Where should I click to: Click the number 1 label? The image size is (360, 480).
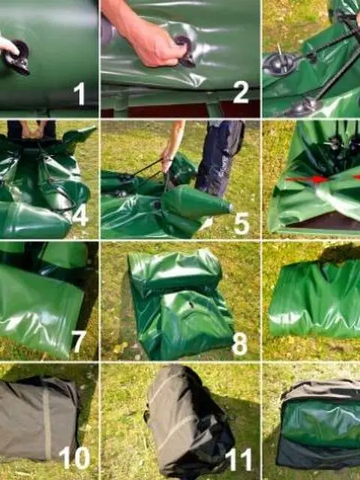pos(79,94)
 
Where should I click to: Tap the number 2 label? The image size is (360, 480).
pos(241,92)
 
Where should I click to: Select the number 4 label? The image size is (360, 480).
pos(80,217)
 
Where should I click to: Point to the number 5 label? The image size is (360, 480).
pos(241,223)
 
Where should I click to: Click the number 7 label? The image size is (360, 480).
pos(79,341)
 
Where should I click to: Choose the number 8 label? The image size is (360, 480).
pos(240,344)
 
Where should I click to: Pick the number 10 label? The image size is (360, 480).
pos(74,458)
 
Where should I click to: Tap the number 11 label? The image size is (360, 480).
pos(238,459)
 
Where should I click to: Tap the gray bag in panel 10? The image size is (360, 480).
pos(38,418)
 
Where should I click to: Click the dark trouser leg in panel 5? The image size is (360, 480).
pos(219,157)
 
